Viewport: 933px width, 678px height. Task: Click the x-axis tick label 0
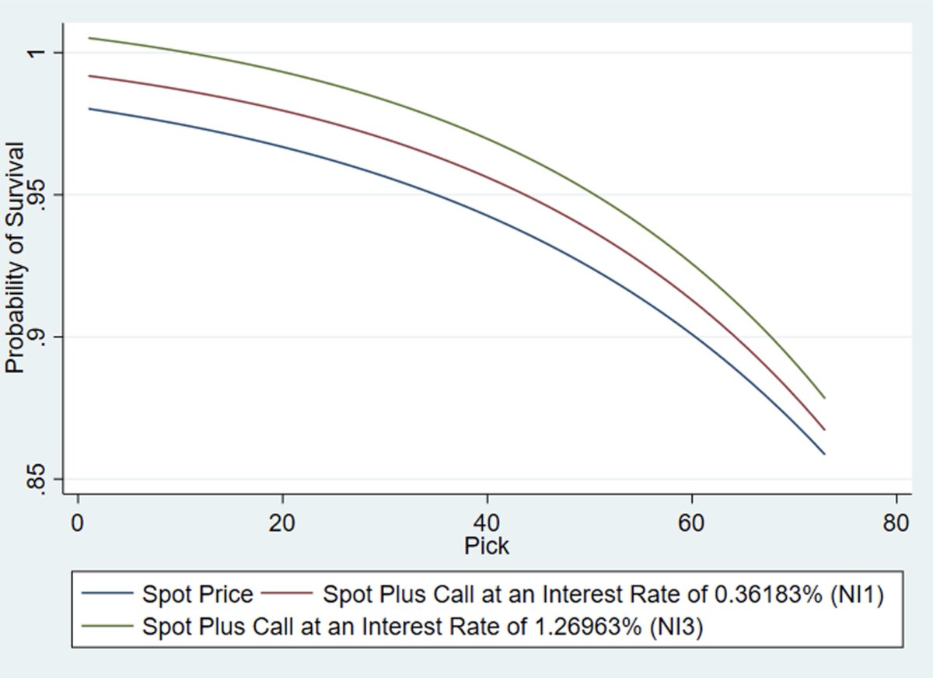77,522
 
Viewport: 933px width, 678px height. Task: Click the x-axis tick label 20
282,522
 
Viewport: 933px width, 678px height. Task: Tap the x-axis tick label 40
487,522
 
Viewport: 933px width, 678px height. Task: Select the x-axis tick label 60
691,522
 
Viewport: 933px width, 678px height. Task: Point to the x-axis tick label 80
896,522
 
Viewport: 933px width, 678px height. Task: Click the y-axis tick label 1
36,53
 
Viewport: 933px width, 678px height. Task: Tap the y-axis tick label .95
36,194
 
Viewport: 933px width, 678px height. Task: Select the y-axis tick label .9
36,337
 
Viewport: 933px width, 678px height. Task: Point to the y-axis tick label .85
36,479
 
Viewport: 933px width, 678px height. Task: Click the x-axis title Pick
487,546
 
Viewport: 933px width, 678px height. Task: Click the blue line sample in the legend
108,595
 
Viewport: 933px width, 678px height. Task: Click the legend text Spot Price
197,595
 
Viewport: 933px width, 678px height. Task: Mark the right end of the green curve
823,398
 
